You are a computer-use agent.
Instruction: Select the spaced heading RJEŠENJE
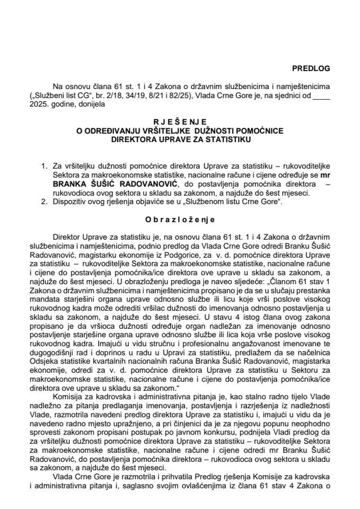pyautogui.click(x=180, y=121)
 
